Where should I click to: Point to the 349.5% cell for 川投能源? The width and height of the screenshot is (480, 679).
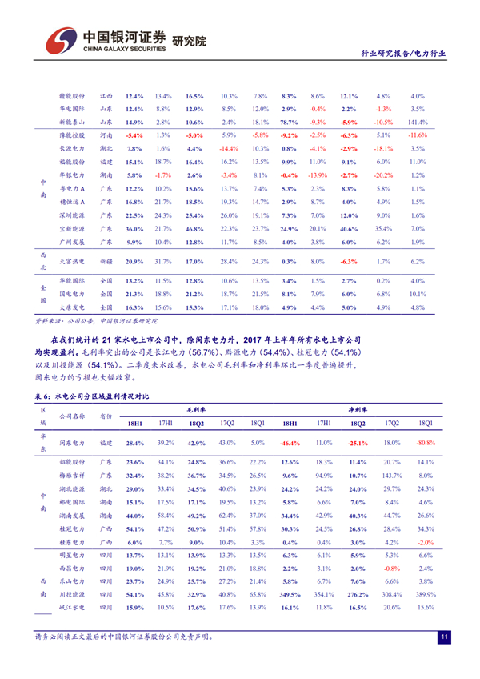coord(290,595)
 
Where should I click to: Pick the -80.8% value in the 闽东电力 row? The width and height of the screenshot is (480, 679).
coord(426,443)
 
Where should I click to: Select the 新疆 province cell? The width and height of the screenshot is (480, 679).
coord(106,262)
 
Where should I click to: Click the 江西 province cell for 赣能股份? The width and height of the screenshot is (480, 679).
coord(106,95)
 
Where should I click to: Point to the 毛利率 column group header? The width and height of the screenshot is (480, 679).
coord(195,408)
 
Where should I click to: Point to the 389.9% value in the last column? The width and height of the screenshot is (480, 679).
coord(426,595)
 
